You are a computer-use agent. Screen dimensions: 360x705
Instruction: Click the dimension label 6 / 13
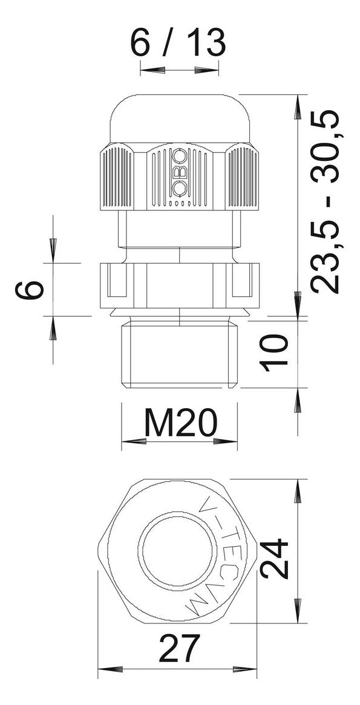pyautogui.click(x=177, y=44)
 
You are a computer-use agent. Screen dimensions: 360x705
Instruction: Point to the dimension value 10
pyautogui.click(x=275, y=352)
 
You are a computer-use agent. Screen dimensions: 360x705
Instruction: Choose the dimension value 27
pyautogui.click(x=178, y=649)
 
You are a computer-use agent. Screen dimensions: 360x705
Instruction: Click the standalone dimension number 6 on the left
pyautogui.click(x=29, y=289)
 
